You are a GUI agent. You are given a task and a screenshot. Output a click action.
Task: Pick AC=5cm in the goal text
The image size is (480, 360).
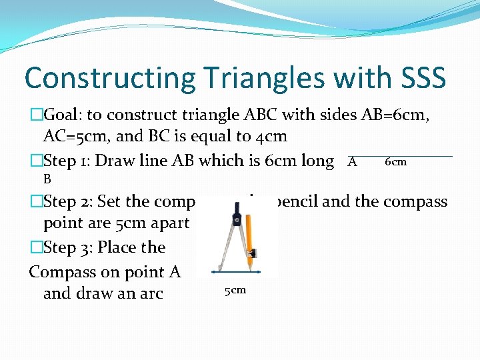point(76,137)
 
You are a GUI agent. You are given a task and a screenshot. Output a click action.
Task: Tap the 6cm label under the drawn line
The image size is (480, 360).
point(395,162)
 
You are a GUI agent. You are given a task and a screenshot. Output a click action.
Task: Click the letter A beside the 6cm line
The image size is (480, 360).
point(353,162)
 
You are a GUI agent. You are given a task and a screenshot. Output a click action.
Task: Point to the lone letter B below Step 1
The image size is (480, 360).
point(47,179)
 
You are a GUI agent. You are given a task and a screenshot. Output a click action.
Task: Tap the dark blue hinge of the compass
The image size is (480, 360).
point(237,219)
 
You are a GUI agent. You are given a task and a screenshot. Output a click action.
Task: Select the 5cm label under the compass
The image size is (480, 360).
point(235,290)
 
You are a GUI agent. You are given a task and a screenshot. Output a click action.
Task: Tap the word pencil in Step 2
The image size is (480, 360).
point(298,201)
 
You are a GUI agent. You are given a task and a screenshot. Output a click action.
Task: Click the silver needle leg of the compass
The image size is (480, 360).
point(222,247)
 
